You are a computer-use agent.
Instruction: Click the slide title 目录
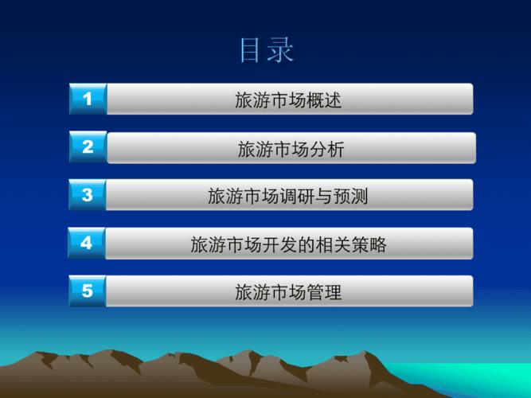tap(267, 50)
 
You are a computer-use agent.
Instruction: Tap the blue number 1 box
tap(88, 99)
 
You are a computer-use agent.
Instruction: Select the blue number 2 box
tap(88, 146)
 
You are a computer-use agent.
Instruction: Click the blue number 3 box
tap(88, 195)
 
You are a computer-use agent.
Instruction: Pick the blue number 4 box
tap(87, 243)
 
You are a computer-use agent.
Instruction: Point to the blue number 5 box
tap(88, 291)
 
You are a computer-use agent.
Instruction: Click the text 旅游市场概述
tap(288, 100)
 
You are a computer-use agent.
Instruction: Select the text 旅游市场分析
tap(291, 149)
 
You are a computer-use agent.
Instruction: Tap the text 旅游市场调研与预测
tap(288, 196)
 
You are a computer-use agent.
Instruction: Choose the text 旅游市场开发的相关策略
tap(288, 244)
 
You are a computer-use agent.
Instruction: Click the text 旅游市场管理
tap(288, 292)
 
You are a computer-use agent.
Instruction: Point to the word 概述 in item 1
tap(324, 100)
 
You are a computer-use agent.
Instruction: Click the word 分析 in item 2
tap(326, 149)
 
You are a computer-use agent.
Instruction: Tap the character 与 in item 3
tap(323, 196)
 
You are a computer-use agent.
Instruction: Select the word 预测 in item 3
tap(350, 196)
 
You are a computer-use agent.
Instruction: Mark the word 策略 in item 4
tap(369, 244)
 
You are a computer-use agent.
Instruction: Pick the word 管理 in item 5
tap(324, 292)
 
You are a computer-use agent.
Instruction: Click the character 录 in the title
tap(280, 50)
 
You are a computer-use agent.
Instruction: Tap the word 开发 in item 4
tap(279, 244)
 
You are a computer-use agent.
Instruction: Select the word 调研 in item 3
tap(297, 196)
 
